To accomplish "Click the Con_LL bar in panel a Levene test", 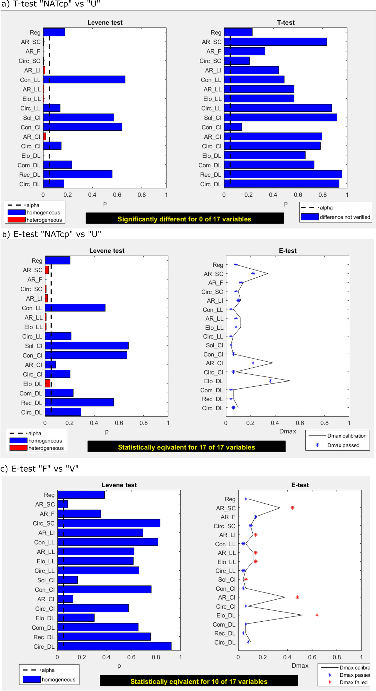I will pos(84,79).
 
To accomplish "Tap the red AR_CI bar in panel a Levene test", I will pos(45,137).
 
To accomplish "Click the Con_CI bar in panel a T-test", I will pos(233,127).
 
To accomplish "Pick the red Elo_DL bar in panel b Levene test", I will pos(48,383).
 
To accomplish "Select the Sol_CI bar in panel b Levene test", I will pos(87,345).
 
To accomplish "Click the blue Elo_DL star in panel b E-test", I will pos(270,381).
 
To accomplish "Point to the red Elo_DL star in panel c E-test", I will pos(317,615).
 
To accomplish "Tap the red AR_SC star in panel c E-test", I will pos(292,508).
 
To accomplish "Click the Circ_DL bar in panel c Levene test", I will pos(114,646).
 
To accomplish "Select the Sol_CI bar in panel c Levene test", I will pos(67,580).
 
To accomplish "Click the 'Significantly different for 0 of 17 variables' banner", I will pos(184,219).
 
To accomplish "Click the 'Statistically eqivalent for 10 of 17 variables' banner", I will pos(199,681).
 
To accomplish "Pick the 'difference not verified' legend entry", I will pos(345,217).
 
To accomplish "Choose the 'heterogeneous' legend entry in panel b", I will pos(46,448).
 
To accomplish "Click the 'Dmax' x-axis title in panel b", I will pos(287,431).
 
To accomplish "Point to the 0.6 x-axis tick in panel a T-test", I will pos(298,195).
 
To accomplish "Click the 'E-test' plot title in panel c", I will pos(300,485).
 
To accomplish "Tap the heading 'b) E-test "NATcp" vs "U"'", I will pos(52,234).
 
